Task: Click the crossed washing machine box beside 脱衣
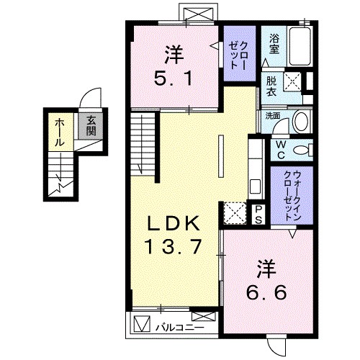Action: [292, 81]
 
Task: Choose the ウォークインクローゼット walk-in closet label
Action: [292, 194]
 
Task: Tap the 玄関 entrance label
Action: [91, 127]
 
